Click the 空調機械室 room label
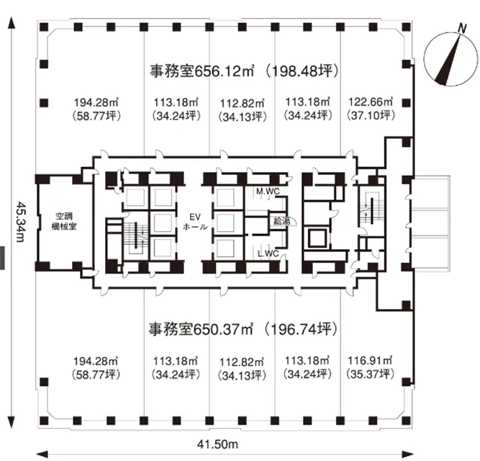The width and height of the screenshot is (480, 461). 64,221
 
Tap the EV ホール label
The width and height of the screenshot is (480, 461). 195,222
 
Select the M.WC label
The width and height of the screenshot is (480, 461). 268,192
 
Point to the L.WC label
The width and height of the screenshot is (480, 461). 268,254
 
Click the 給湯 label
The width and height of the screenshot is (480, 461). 281,221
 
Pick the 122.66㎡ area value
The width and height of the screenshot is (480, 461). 371,102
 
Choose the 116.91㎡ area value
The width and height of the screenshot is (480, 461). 370,361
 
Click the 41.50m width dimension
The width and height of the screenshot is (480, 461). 217,444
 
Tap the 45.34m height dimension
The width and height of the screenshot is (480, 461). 20,221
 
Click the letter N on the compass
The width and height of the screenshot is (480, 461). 462,28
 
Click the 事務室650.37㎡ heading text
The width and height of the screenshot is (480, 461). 201,329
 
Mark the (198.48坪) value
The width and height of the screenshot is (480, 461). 302,71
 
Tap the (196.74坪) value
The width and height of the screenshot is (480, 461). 302,329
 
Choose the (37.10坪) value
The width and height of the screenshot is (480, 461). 371,115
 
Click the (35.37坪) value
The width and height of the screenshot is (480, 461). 370,374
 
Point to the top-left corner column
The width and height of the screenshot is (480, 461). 44,27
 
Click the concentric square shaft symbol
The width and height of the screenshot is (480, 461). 317,238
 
